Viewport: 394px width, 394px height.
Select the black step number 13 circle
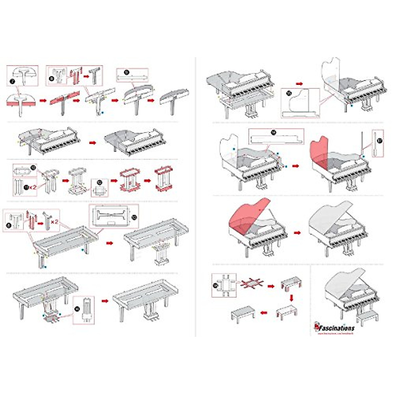point(133,217)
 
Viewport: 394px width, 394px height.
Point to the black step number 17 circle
point(380,140)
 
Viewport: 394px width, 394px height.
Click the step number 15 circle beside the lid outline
point(289,93)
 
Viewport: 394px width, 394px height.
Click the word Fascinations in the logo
point(337,328)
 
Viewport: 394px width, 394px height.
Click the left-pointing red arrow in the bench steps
point(263,313)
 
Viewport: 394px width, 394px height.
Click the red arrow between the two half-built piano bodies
point(93,143)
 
